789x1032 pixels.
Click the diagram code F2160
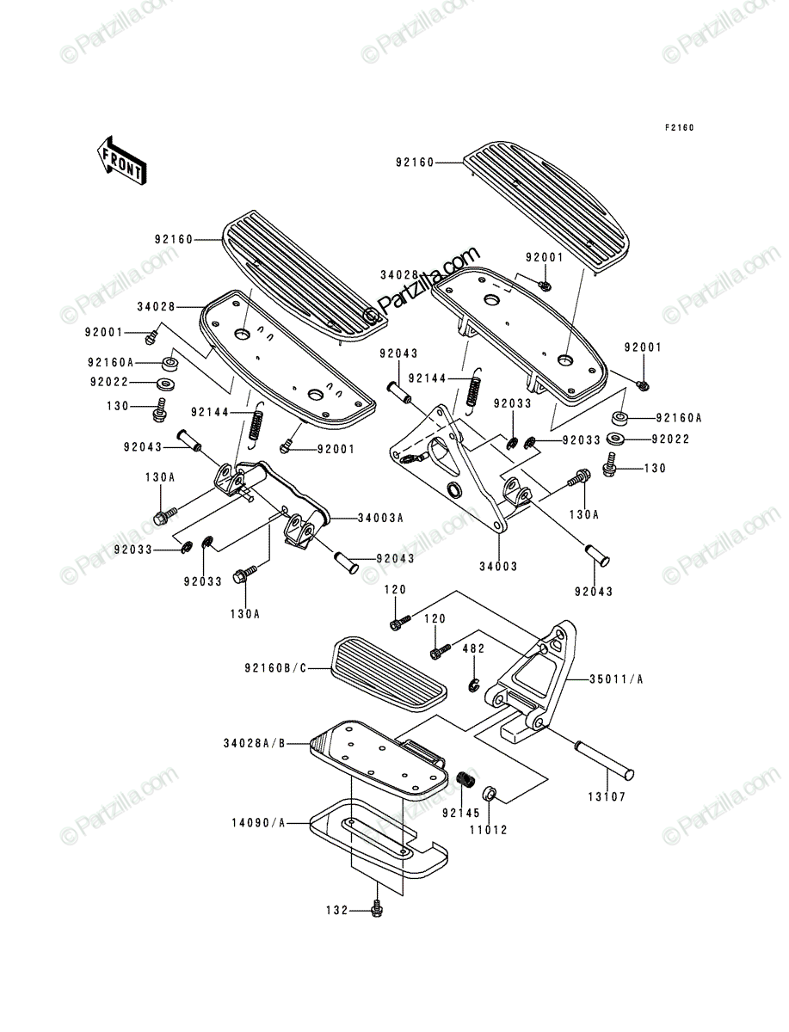(x=679, y=128)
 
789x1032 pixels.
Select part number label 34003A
(x=380, y=518)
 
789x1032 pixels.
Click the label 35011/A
(x=616, y=679)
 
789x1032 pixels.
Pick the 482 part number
(x=473, y=648)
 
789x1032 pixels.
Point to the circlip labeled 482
(x=473, y=685)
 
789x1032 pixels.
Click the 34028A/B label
(x=255, y=743)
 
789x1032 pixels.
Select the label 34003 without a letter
(x=498, y=567)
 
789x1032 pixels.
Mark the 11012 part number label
(x=489, y=830)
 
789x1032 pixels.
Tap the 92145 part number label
(x=461, y=813)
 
